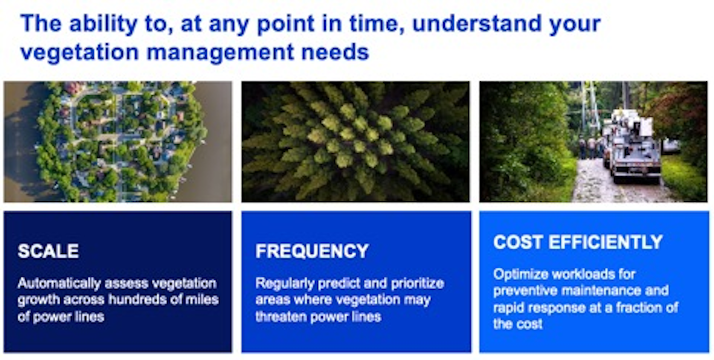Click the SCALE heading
(48, 251)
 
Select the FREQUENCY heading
(312, 251)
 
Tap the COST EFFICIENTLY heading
(578, 242)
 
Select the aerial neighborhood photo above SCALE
(118, 142)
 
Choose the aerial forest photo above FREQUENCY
(355, 142)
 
